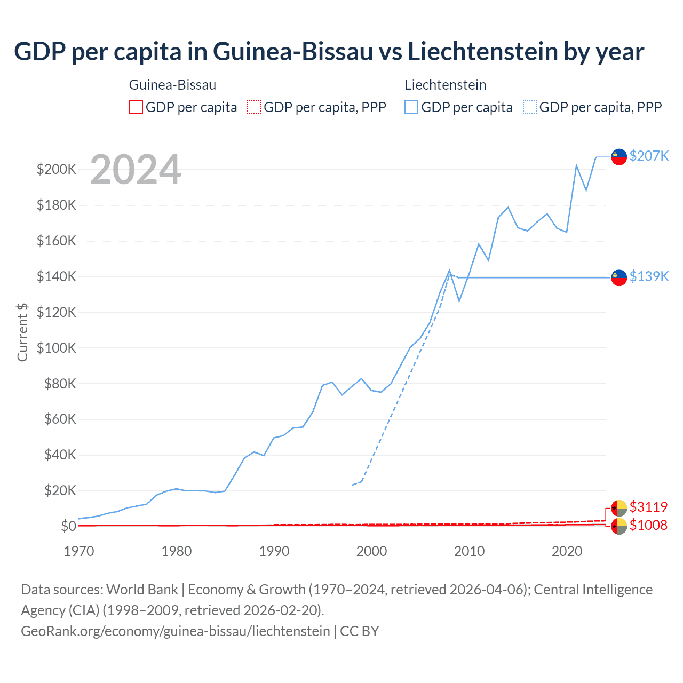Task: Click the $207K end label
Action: point(649,156)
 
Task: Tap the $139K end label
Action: point(649,276)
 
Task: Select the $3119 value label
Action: point(648,506)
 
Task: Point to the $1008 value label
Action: point(648,525)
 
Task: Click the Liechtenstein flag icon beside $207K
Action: point(619,157)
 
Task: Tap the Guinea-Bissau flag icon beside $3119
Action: point(619,507)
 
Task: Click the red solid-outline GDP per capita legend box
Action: point(136,107)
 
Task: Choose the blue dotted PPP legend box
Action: point(530,107)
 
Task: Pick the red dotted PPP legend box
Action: point(254,107)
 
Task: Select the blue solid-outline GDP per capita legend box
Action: point(411,107)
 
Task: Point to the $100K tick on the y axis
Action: point(56,348)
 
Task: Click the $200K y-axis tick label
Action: point(56,170)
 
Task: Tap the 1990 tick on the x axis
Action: point(274,551)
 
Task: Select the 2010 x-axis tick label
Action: point(469,551)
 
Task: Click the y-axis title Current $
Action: point(22,332)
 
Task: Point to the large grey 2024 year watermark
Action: point(136,170)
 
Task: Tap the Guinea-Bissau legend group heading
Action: point(172,85)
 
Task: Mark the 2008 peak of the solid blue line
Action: point(449,271)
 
